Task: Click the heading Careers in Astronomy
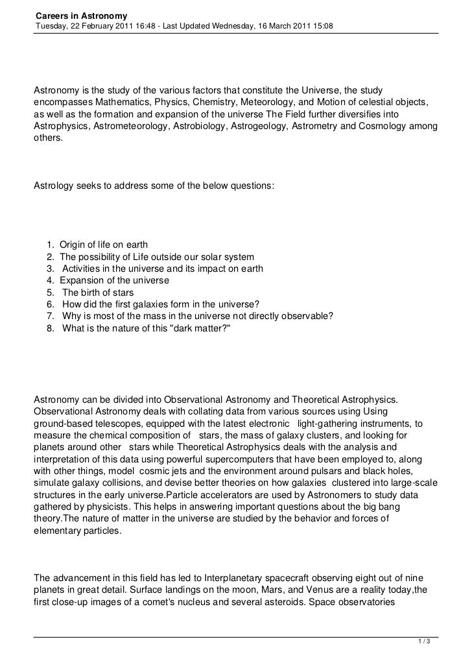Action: click(x=82, y=15)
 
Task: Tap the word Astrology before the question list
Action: click(x=53, y=186)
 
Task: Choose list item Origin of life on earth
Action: click(x=104, y=245)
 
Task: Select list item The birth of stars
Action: click(x=99, y=292)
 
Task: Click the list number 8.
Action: click(x=50, y=328)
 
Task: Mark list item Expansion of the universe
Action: click(x=114, y=281)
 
